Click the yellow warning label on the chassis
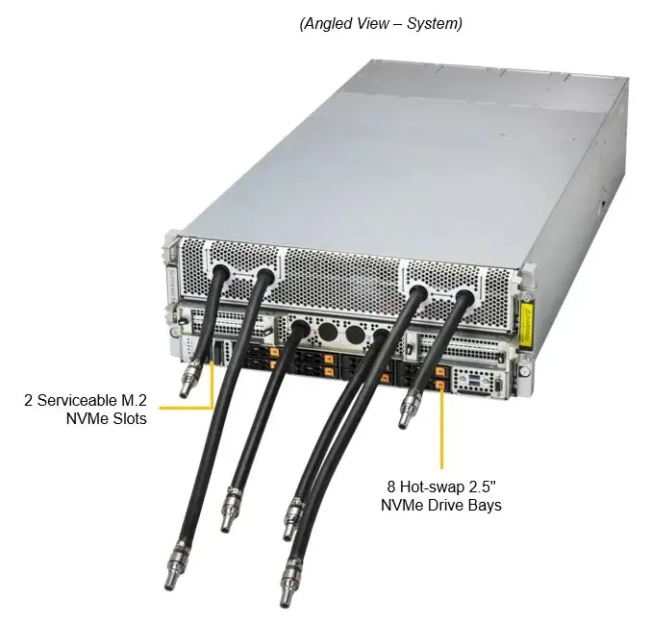pyautogui.click(x=527, y=323)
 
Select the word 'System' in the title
pyautogui.click(x=435, y=24)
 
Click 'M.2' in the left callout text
pyautogui.click(x=134, y=400)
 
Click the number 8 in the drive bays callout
pyautogui.click(x=391, y=487)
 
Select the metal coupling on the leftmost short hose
pyautogui.click(x=188, y=379)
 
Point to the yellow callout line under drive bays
pyautogui.click(x=441, y=429)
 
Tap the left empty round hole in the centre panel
pyautogui.click(x=328, y=333)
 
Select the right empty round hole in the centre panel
pyautogui.click(x=355, y=335)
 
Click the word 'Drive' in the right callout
pyautogui.click(x=445, y=506)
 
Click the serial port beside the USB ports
pyautogui.click(x=498, y=385)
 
